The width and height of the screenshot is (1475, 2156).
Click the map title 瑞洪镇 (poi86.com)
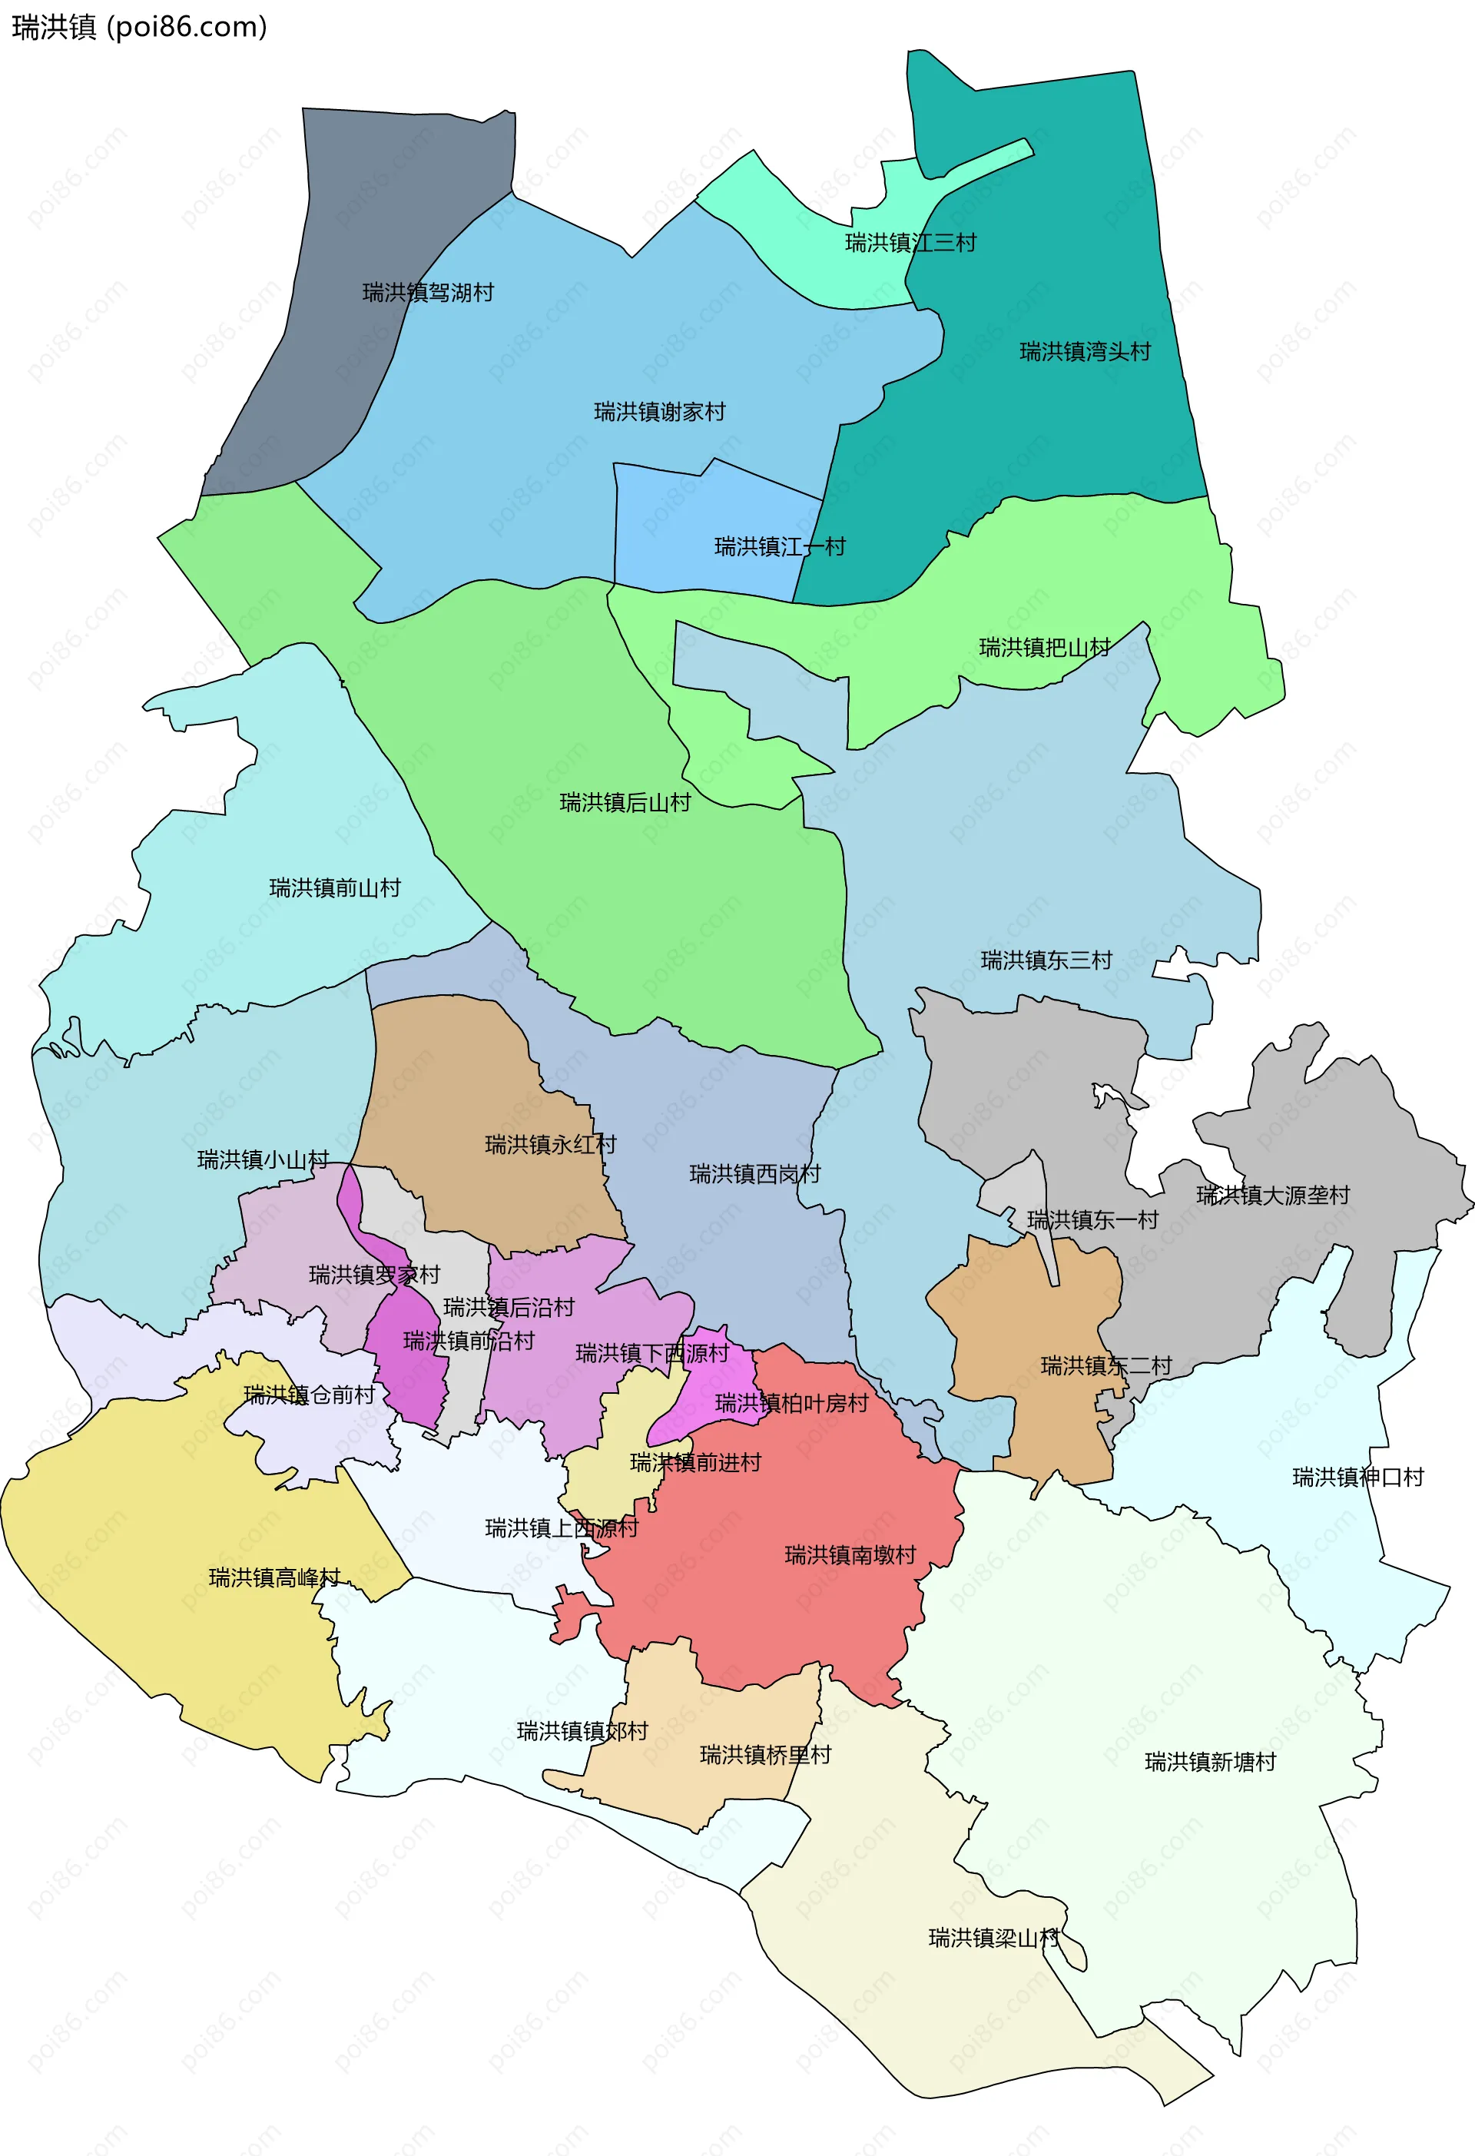(139, 27)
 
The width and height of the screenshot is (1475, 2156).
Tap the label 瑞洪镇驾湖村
(428, 292)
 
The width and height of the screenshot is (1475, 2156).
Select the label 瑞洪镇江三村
(910, 242)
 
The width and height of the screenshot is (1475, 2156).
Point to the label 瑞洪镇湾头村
(1085, 352)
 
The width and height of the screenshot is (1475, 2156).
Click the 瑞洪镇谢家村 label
(660, 411)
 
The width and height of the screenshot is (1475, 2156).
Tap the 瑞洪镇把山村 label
(1045, 647)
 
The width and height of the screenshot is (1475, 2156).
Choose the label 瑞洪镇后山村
(625, 802)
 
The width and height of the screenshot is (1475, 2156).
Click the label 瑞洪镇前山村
(335, 887)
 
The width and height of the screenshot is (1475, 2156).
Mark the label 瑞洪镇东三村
(1046, 960)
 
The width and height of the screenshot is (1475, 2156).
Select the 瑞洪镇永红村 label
(550, 1144)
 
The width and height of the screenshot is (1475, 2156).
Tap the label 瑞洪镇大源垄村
(1273, 1195)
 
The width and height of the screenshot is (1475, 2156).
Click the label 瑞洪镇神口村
(1358, 1477)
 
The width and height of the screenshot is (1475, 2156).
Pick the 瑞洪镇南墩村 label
(850, 1555)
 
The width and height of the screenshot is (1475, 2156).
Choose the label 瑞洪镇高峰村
(274, 1577)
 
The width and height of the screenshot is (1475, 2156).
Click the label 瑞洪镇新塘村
(1210, 1762)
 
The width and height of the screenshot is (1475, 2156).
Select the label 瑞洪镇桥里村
(765, 1754)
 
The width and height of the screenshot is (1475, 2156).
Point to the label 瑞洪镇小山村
(264, 1159)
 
